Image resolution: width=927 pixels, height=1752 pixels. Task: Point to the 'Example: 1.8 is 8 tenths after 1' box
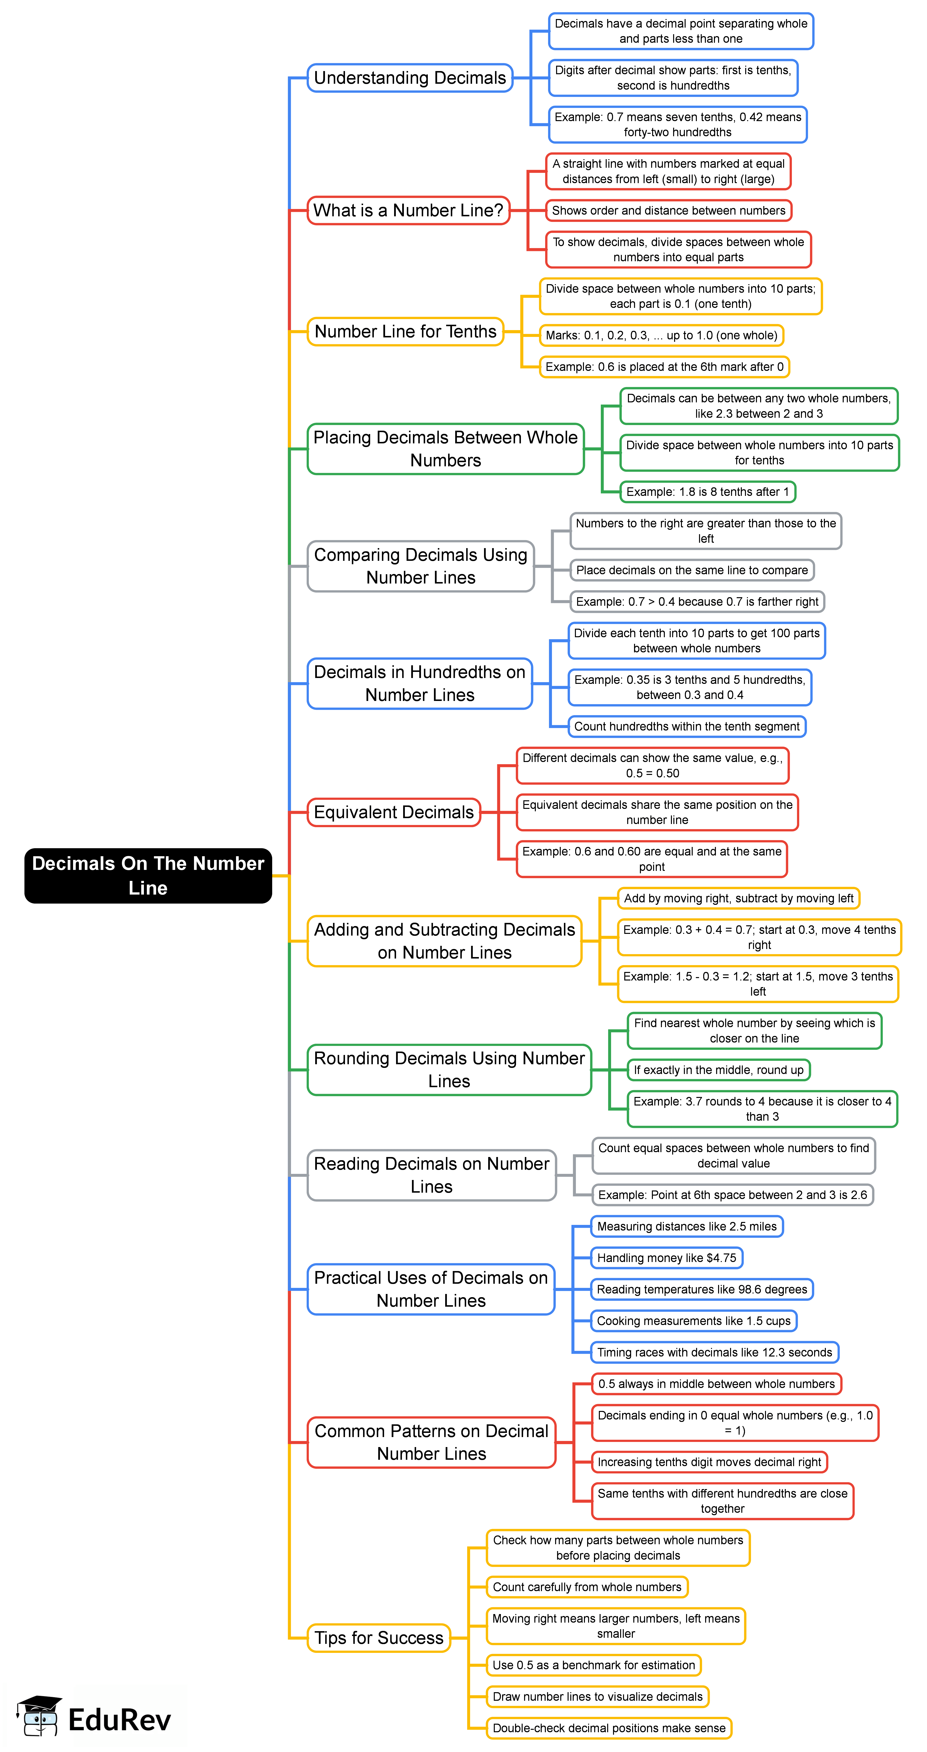point(707,492)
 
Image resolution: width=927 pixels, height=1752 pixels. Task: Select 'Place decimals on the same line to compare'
point(691,570)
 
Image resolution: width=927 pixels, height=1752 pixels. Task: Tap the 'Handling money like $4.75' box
point(666,1258)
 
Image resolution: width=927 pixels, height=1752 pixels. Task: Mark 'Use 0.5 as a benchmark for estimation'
point(593,1665)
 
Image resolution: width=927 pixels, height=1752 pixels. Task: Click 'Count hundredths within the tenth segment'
point(687,726)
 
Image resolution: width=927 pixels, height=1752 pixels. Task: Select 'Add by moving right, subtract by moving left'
point(738,898)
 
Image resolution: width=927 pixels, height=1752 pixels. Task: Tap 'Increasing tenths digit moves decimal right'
point(709,1462)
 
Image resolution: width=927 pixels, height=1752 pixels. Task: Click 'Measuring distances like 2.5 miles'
point(687,1226)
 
